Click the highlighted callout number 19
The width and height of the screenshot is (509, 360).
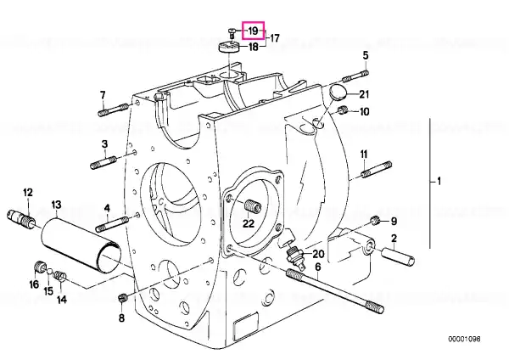click(253, 31)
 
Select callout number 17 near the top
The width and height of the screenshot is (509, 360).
click(274, 38)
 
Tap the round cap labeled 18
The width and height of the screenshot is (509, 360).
click(228, 47)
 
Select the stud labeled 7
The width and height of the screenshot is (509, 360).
click(113, 109)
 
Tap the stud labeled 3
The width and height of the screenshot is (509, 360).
click(103, 162)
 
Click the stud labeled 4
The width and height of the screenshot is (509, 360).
click(112, 224)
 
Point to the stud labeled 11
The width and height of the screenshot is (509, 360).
click(377, 170)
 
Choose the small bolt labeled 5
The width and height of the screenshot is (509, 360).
click(355, 76)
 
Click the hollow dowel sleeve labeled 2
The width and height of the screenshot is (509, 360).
click(398, 256)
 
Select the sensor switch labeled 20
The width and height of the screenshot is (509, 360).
click(295, 256)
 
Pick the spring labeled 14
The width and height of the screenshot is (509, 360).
click(59, 276)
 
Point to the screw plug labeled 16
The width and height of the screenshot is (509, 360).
click(40, 267)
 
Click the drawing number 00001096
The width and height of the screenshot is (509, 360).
click(464, 339)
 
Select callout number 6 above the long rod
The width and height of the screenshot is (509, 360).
click(318, 267)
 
